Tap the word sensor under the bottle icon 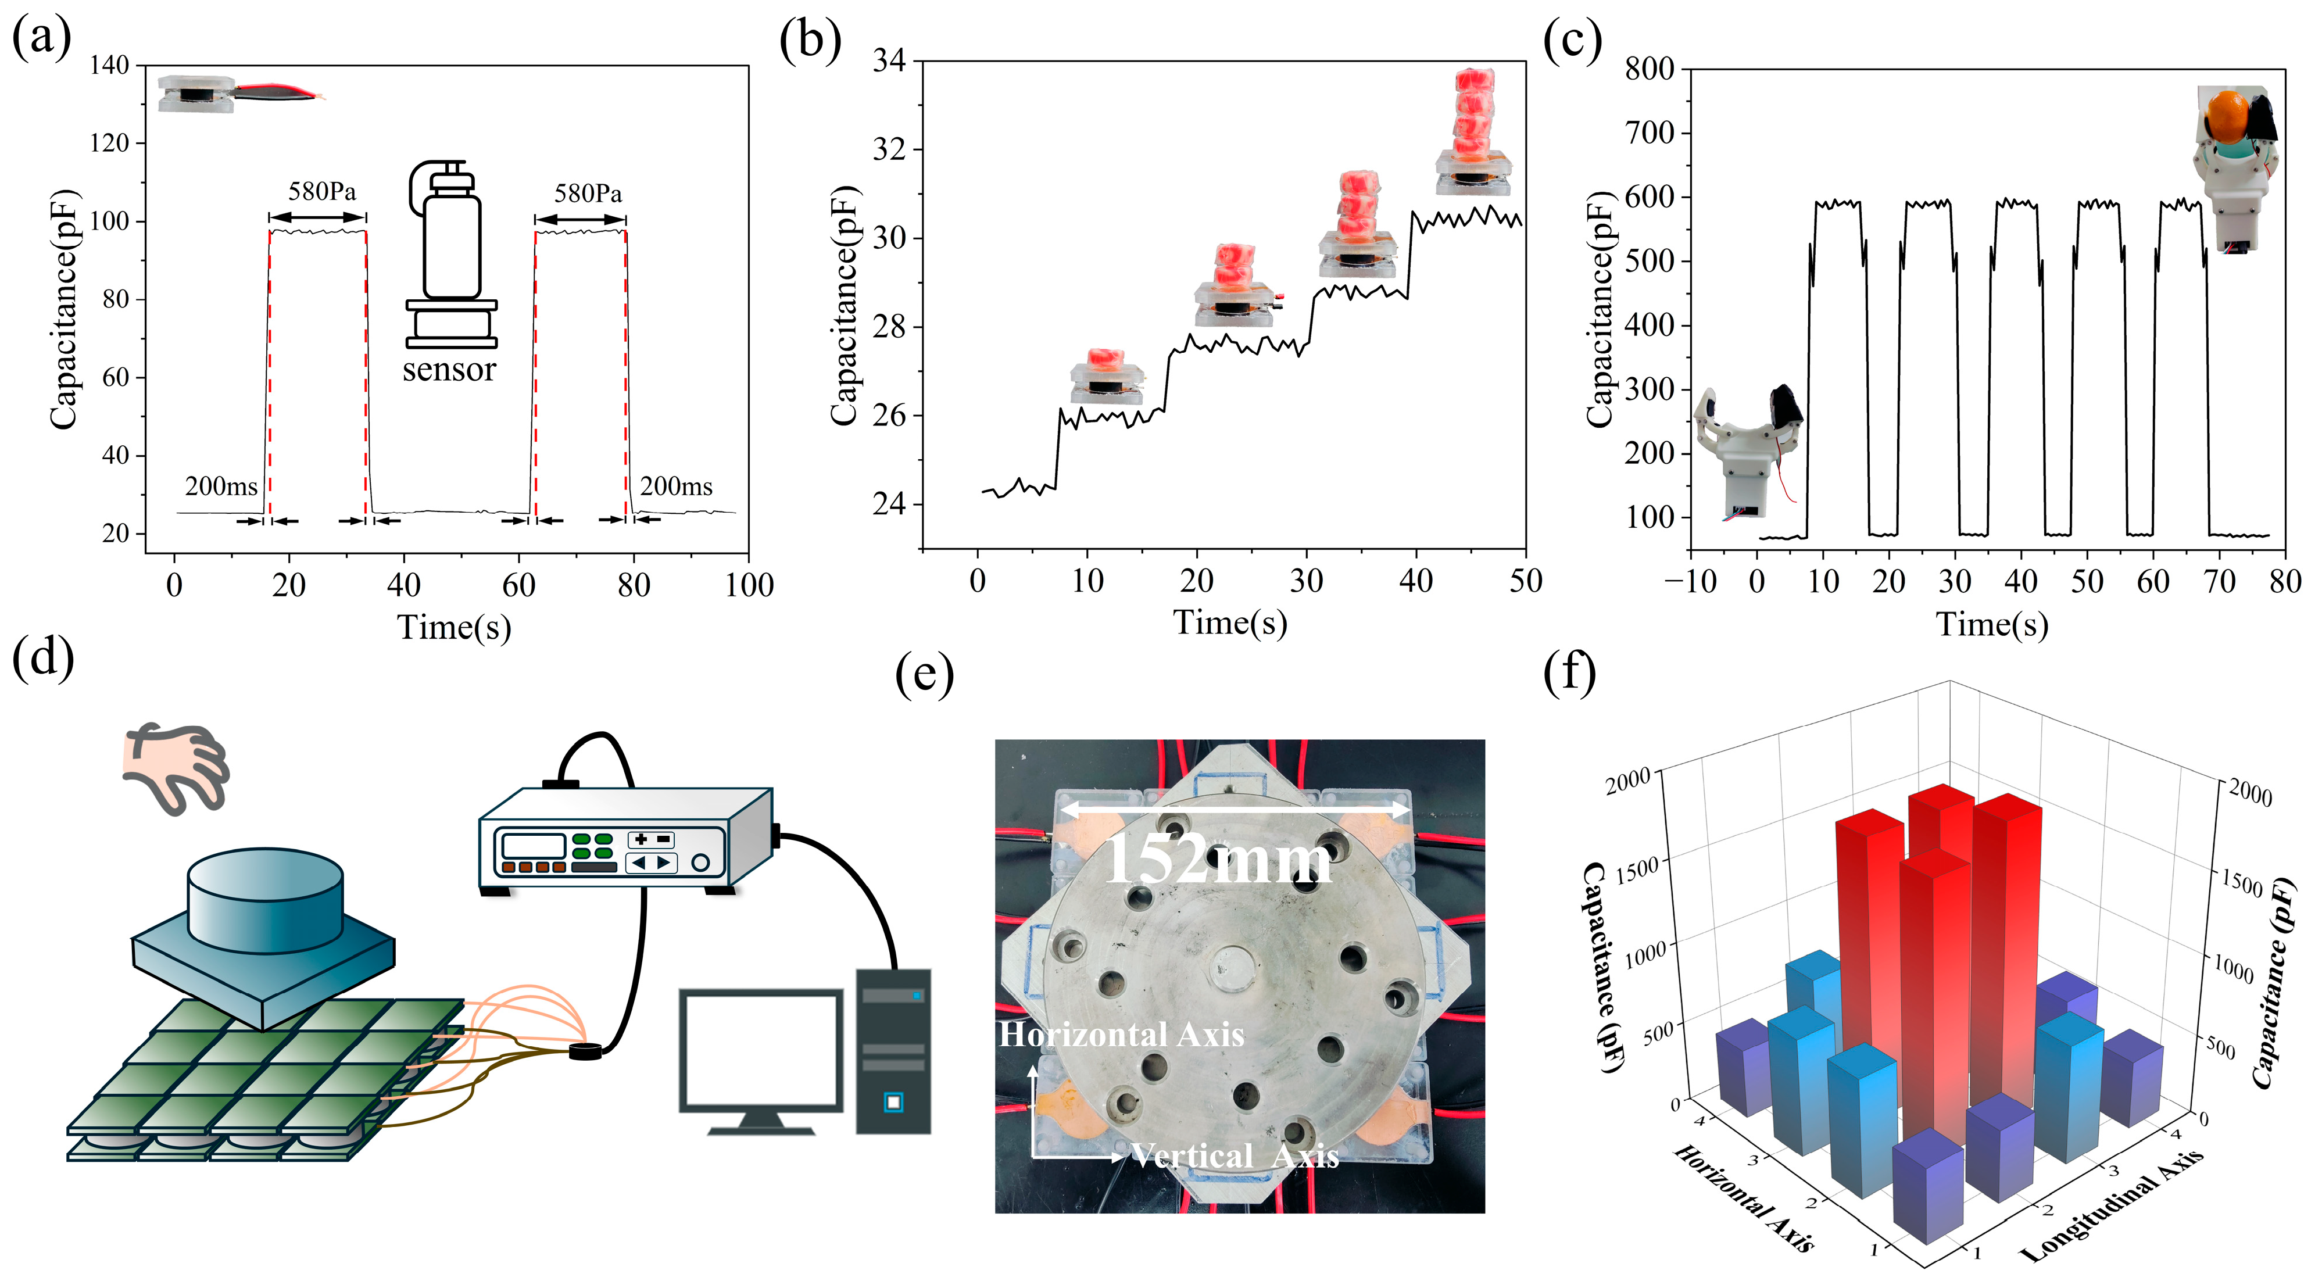449,370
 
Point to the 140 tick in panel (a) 110,65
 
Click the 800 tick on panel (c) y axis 1650,69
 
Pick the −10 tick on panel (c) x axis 1690,581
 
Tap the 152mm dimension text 1217,859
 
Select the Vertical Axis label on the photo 1235,1155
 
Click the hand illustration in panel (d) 176,766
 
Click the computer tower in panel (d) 892,1050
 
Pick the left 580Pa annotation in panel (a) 322,191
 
